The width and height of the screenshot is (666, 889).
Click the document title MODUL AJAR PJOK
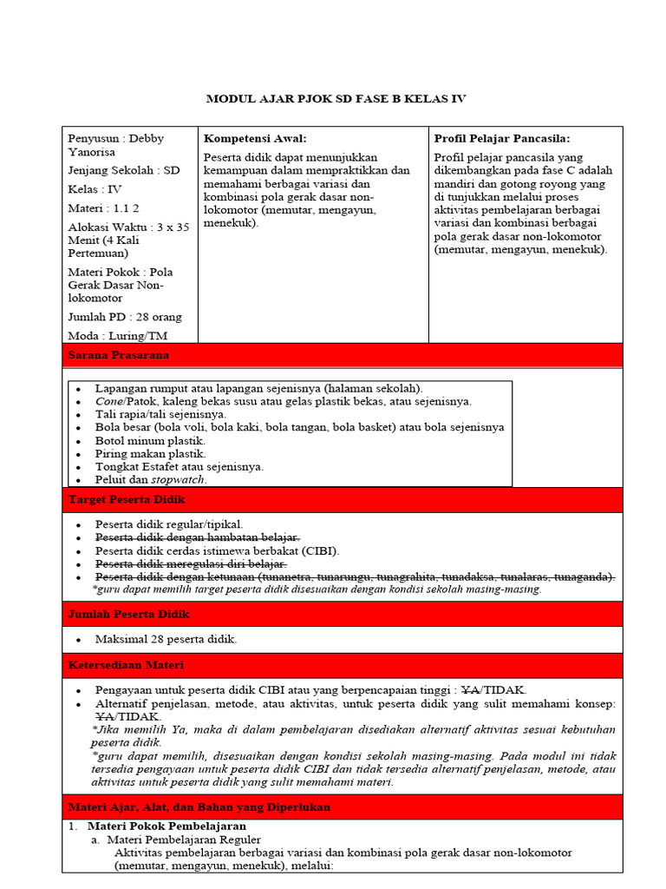tap(336, 99)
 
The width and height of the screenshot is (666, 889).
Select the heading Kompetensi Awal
tap(255, 138)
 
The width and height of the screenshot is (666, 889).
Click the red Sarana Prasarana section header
tap(119, 355)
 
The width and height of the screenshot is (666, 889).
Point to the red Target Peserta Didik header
tap(127, 500)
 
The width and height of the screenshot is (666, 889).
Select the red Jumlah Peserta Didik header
tap(128, 614)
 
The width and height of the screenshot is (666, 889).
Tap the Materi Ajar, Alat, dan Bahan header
tap(199, 807)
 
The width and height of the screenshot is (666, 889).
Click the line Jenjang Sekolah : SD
tap(123, 170)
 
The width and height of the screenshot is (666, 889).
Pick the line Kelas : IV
tap(95, 188)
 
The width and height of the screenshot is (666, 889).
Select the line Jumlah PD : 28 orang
tap(125, 317)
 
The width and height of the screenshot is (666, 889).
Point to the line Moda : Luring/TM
tap(117, 335)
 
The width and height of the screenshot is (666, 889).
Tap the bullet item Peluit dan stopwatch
tap(152, 479)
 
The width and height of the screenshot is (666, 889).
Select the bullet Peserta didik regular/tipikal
tap(169, 524)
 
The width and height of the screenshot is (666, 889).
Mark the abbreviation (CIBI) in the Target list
tap(320, 551)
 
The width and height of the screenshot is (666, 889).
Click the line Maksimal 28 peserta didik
tap(166, 639)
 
